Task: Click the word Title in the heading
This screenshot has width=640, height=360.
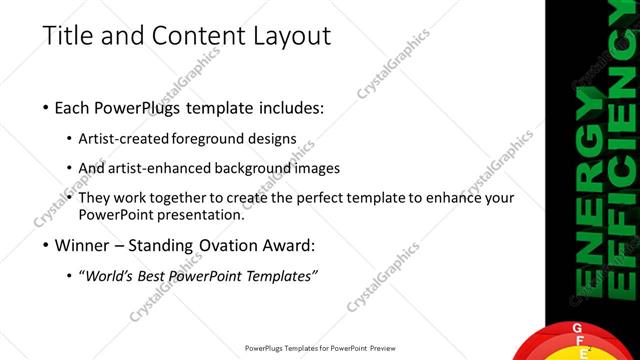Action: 67,36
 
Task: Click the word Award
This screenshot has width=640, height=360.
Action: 295,244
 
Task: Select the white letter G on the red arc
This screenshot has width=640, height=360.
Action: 575,330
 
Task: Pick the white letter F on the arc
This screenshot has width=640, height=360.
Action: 583,341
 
